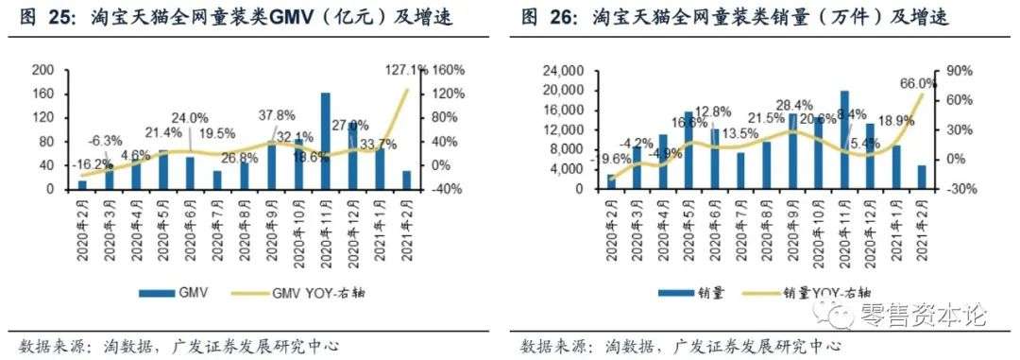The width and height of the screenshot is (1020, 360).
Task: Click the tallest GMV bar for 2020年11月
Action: (x=326, y=142)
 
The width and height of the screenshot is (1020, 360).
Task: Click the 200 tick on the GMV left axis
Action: (x=43, y=70)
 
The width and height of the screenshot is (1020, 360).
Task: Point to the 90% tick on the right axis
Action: (x=947, y=70)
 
